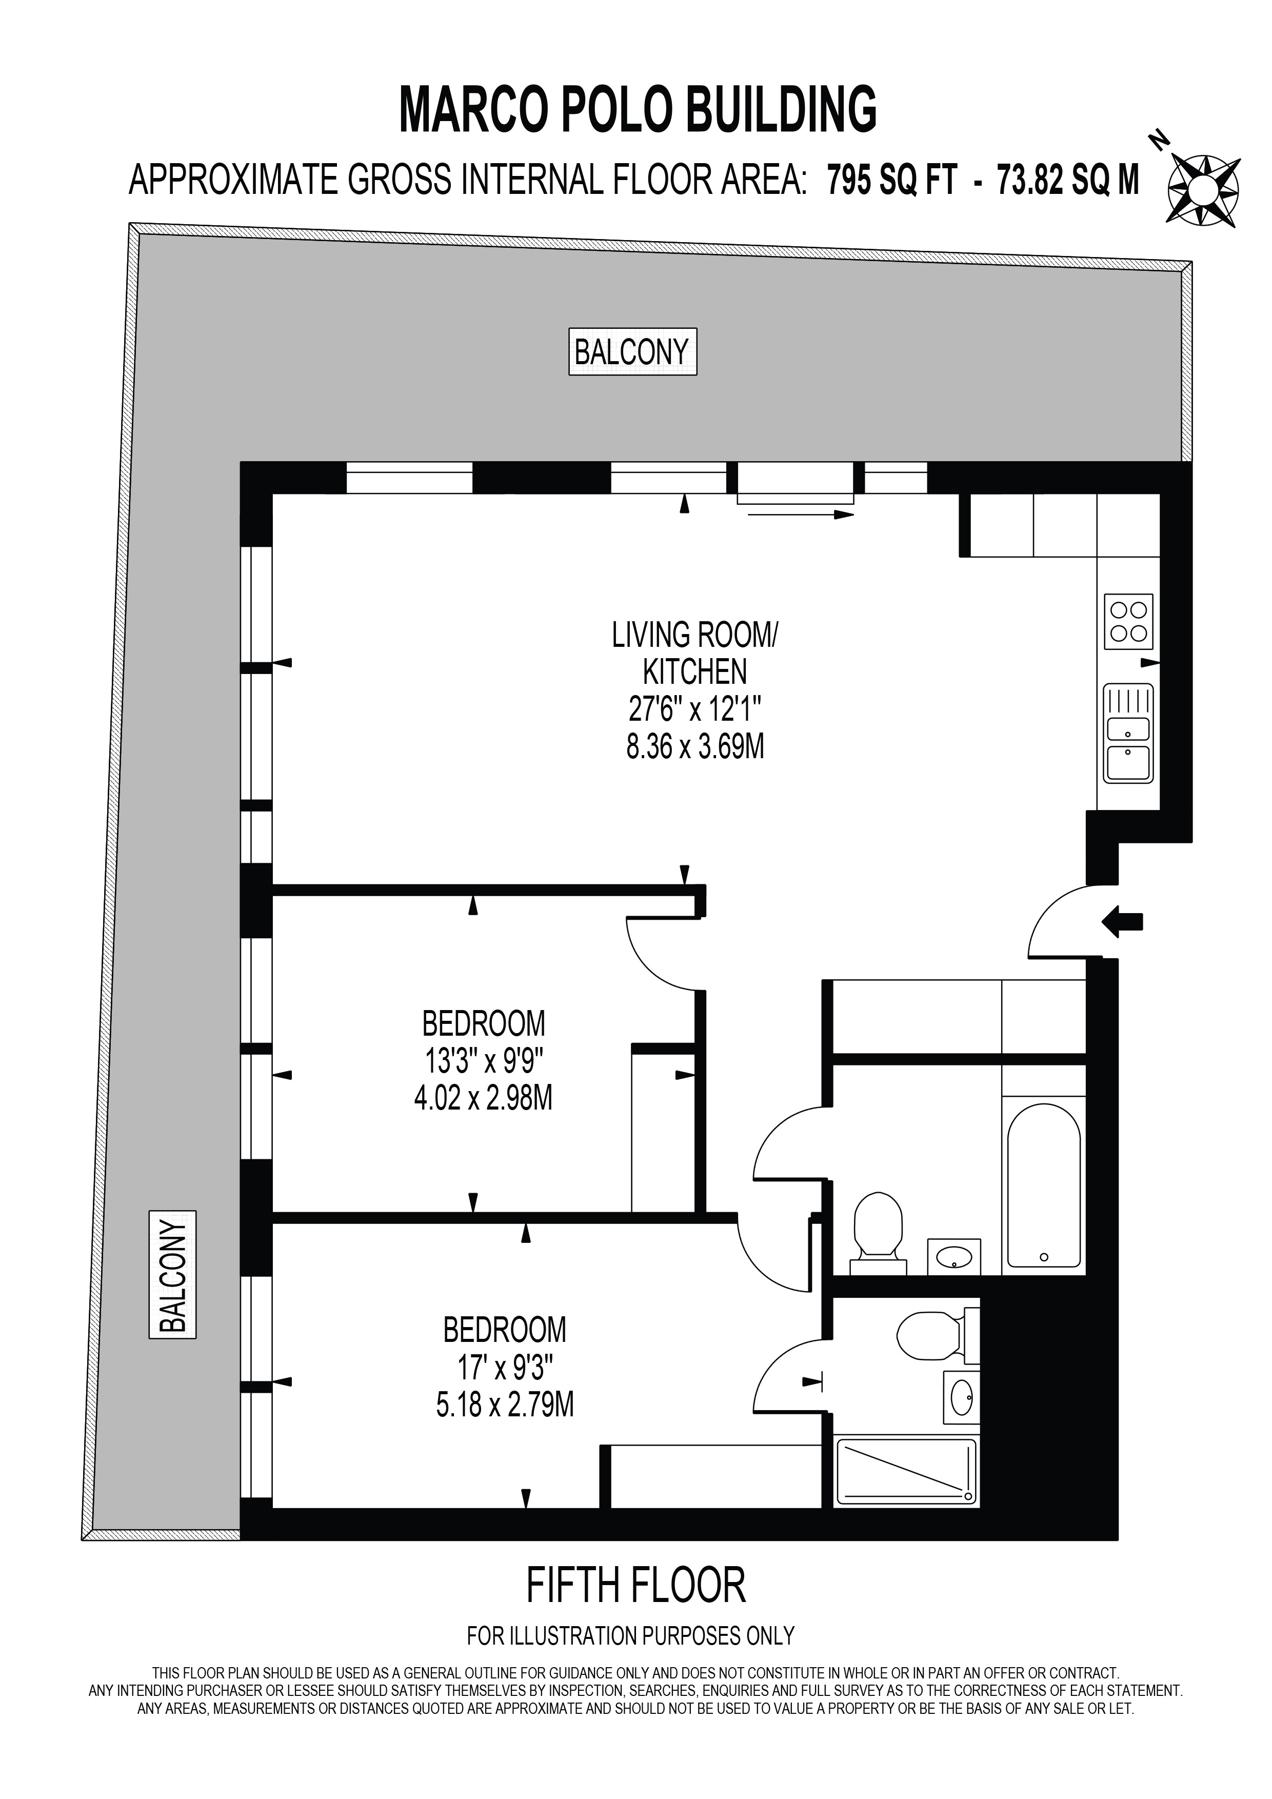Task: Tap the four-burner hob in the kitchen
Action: pyautogui.click(x=1129, y=621)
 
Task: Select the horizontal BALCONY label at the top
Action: pyautogui.click(x=632, y=352)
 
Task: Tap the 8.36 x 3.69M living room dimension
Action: pyautogui.click(x=695, y=746)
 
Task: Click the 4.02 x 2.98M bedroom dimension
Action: pyautogui.click(x=483, y=1098)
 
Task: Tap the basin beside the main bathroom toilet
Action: pyautogui.click(x=953, y=1257)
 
